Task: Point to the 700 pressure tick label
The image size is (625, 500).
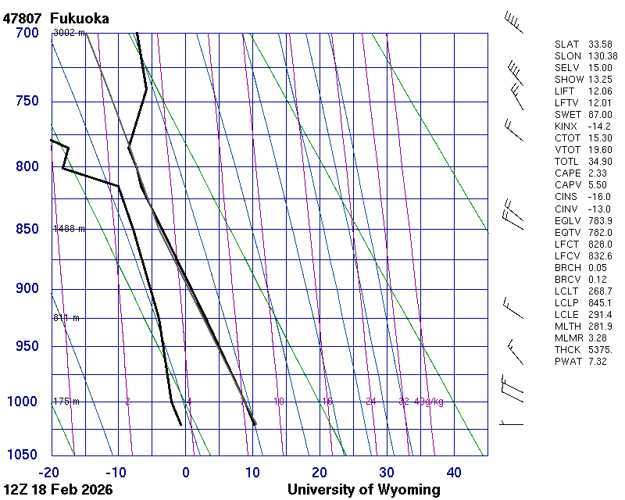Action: pos(27,33)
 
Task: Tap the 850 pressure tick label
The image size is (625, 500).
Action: pos(27,229)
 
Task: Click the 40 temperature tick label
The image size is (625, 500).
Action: pos(454,472)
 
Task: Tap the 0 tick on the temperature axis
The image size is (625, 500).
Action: pos(186,472)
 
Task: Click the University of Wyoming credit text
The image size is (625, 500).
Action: pos(363,490)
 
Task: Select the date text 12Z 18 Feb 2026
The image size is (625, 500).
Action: pos(58,490)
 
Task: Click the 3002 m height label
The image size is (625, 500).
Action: pos(68,33)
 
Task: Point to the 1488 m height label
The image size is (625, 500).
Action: pos(68,229)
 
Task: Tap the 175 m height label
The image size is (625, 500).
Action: pos(66,402)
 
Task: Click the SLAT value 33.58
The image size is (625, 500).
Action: pos(599,45)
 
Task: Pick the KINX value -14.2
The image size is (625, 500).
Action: pos(599,127)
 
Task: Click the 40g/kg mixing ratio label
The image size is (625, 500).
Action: pos(429,402)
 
